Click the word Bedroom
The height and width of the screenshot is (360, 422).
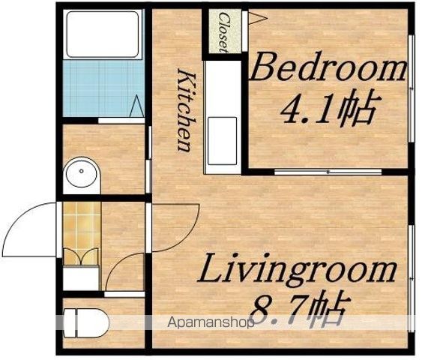click(x=328, y=67)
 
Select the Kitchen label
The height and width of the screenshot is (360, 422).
click(x=186, y=110)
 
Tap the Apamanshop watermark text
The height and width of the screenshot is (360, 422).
click(x=211, y=322)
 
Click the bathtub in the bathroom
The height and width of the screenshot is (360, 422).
click(x=103, y=34)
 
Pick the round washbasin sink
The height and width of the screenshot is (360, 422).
click(x=82, y=172)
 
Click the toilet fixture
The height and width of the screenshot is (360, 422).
click(x=86, y=322)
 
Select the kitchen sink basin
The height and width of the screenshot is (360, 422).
click(x=223, y=141)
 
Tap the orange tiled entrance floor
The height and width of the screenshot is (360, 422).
click(x=82, y=233)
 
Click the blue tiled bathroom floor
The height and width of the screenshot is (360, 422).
click(x=103, y=88)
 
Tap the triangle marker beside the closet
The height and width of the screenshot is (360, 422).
click(x=257, y=18)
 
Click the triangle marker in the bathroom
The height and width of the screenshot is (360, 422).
click(x=137, y=106)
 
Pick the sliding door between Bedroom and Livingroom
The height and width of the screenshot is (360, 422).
click(x=328, y=172)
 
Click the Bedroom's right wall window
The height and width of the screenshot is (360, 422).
click(x=411, y=88)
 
